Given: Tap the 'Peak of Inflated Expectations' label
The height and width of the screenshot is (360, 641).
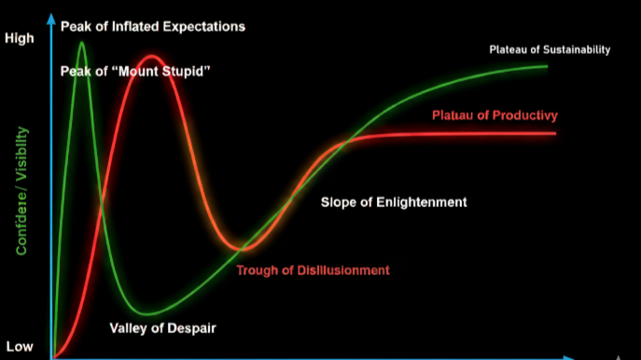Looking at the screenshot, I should [153, 26].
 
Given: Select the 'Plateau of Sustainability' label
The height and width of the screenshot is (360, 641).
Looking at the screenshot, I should [550, 49].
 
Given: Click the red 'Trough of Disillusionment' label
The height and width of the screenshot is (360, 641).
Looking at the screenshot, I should [313, 270].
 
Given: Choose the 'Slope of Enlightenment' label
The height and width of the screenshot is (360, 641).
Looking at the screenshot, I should [394, 201].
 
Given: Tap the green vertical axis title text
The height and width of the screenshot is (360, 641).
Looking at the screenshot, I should [21, 191].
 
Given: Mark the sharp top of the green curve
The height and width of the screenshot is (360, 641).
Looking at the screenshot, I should [83, 43].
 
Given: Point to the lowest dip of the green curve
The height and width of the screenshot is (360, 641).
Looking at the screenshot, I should [145, 312].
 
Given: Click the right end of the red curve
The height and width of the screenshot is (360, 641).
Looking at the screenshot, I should [554, 133].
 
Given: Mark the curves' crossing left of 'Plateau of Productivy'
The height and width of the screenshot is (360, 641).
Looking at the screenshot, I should [346, 142].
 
